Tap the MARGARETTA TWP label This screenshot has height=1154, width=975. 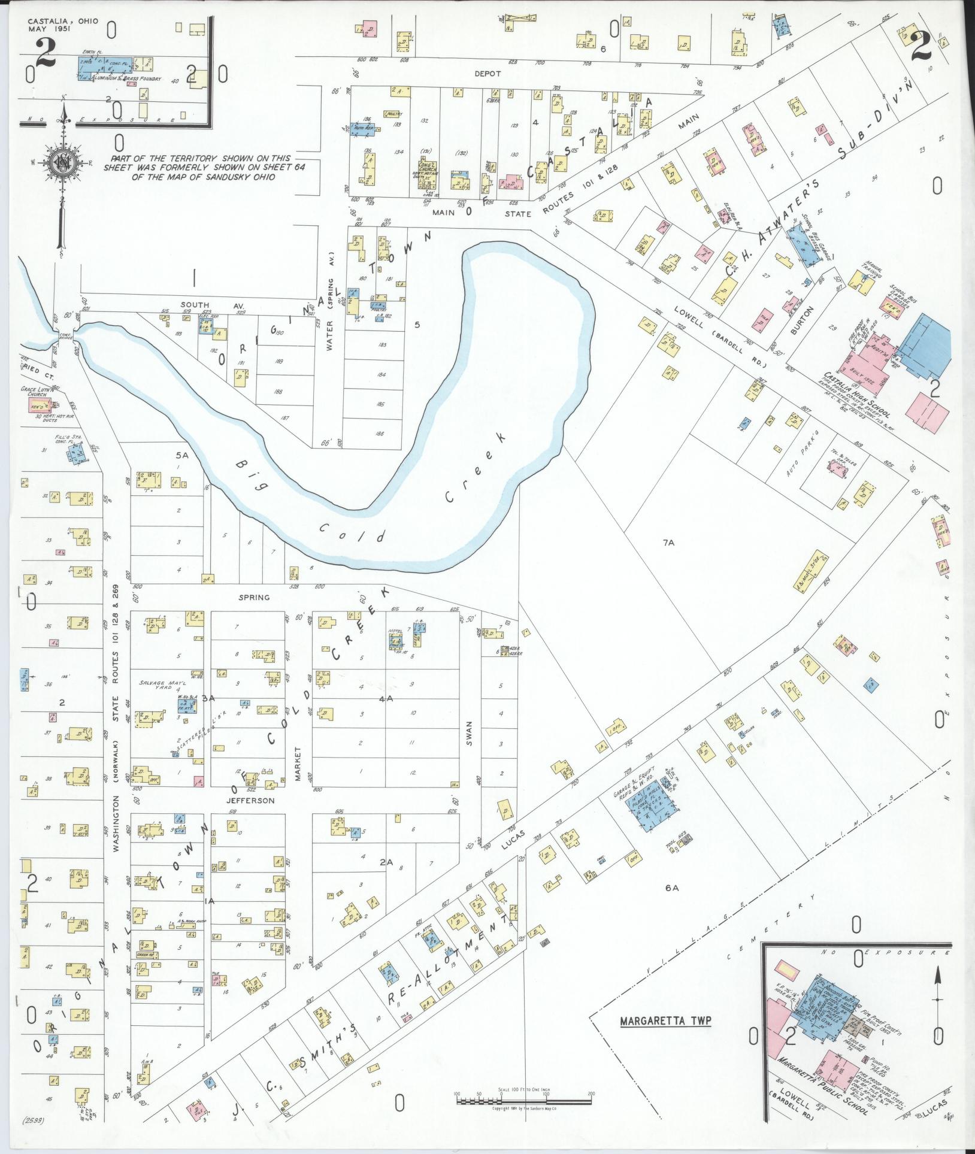(x=665, y=1020)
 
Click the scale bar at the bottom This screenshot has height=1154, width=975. (x=523, y=1100)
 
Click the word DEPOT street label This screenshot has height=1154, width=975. (x=487, y=74)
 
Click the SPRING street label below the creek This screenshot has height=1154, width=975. (x=254, y=597)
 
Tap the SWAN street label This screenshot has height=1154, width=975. (x=470, y=732)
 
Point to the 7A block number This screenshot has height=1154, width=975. (x=668, y=543)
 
